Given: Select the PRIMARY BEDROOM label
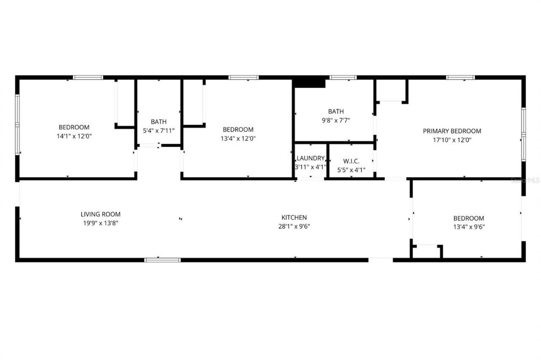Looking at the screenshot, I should tap(452, 131).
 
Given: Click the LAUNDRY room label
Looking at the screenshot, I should tap(311, 158).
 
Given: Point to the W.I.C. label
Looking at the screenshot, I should tap(351, 161).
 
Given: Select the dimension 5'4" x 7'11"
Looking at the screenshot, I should tap(158, 131).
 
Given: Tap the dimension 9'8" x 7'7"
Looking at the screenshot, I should tap(336, 120).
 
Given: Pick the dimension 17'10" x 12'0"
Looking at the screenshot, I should tap(452, 140).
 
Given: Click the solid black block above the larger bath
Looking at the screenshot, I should tap(309, 82).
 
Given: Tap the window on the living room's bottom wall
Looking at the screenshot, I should tap(162, 260).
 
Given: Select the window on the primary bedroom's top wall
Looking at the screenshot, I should tap(460, 77).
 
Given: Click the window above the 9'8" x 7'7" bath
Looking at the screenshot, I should tap(343, 77).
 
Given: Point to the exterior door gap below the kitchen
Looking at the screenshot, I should tap(380, 260).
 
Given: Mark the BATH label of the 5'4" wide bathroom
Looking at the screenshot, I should tap(158, 122).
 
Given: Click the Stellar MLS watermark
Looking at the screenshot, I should tap(525, 180).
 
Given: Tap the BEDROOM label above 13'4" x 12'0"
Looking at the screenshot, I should tap(238, 129).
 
